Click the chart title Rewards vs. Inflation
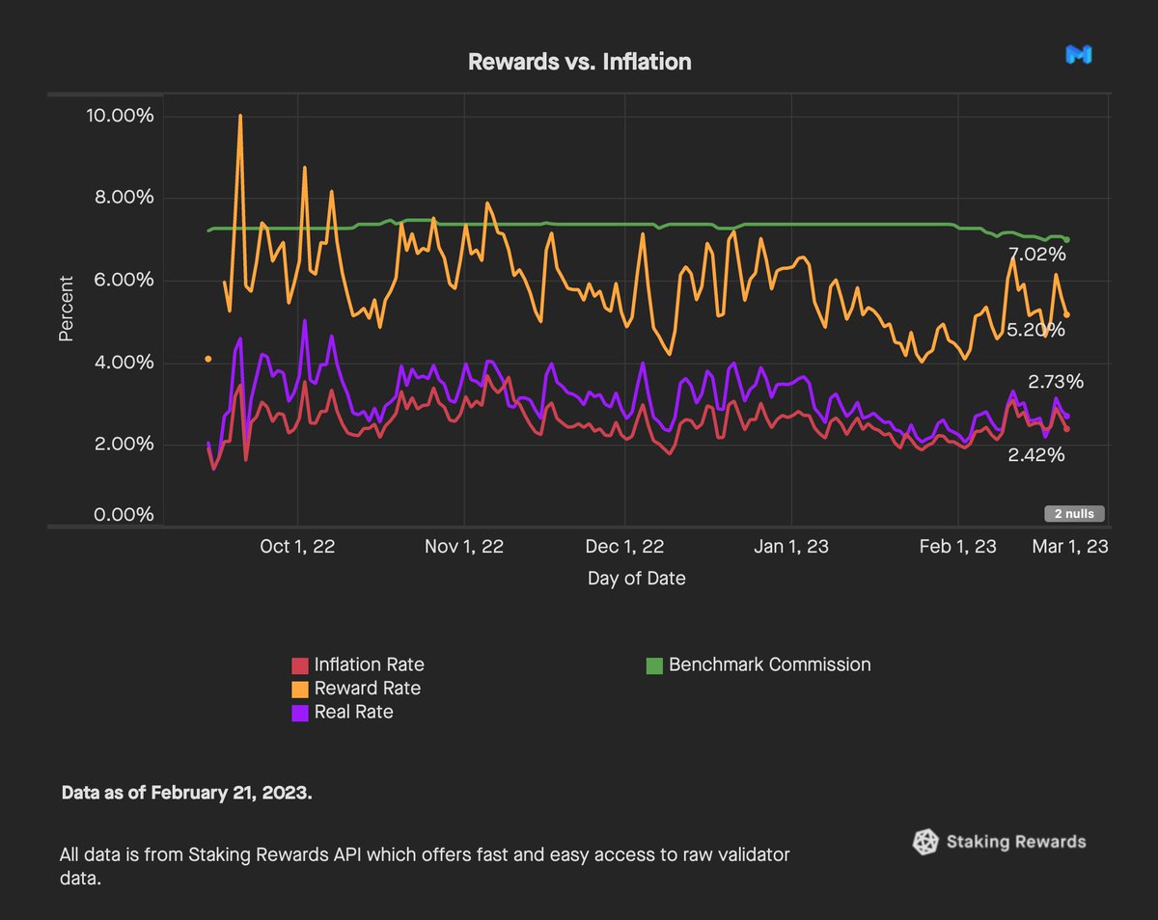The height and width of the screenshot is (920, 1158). [x=579, y=62]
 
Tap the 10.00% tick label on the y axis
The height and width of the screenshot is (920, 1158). [x=119, y=116]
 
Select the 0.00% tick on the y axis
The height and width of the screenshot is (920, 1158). [x=123, y=515]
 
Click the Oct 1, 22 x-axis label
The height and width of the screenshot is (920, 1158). [x=298, y=547]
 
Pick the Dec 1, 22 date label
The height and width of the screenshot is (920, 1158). [x=624, y=547]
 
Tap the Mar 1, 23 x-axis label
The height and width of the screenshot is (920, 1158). [x=1069, y=547]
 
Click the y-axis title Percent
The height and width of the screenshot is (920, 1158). [x=66, y=309]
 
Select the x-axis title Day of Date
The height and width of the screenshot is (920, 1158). [x=636, y=579]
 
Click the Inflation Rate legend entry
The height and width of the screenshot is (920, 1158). [x=369, y=664]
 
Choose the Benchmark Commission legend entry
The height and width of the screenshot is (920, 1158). [x=769, y=664]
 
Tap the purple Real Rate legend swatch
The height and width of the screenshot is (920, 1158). [x=300, y=713]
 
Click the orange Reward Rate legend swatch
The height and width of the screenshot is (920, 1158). [x=300, y=689]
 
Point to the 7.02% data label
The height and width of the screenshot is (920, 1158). [x=1036, y=256]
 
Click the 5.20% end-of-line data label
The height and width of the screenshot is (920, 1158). [x=1036, y=330]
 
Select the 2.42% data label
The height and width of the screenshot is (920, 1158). [x=1036, y=455]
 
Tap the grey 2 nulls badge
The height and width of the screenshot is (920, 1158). [x=1073, y=514]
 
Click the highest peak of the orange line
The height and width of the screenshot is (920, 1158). [x=239, y=116]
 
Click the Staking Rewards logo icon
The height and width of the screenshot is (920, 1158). [x=925, y=842]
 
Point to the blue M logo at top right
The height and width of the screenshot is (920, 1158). [x=1078, y=56]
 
